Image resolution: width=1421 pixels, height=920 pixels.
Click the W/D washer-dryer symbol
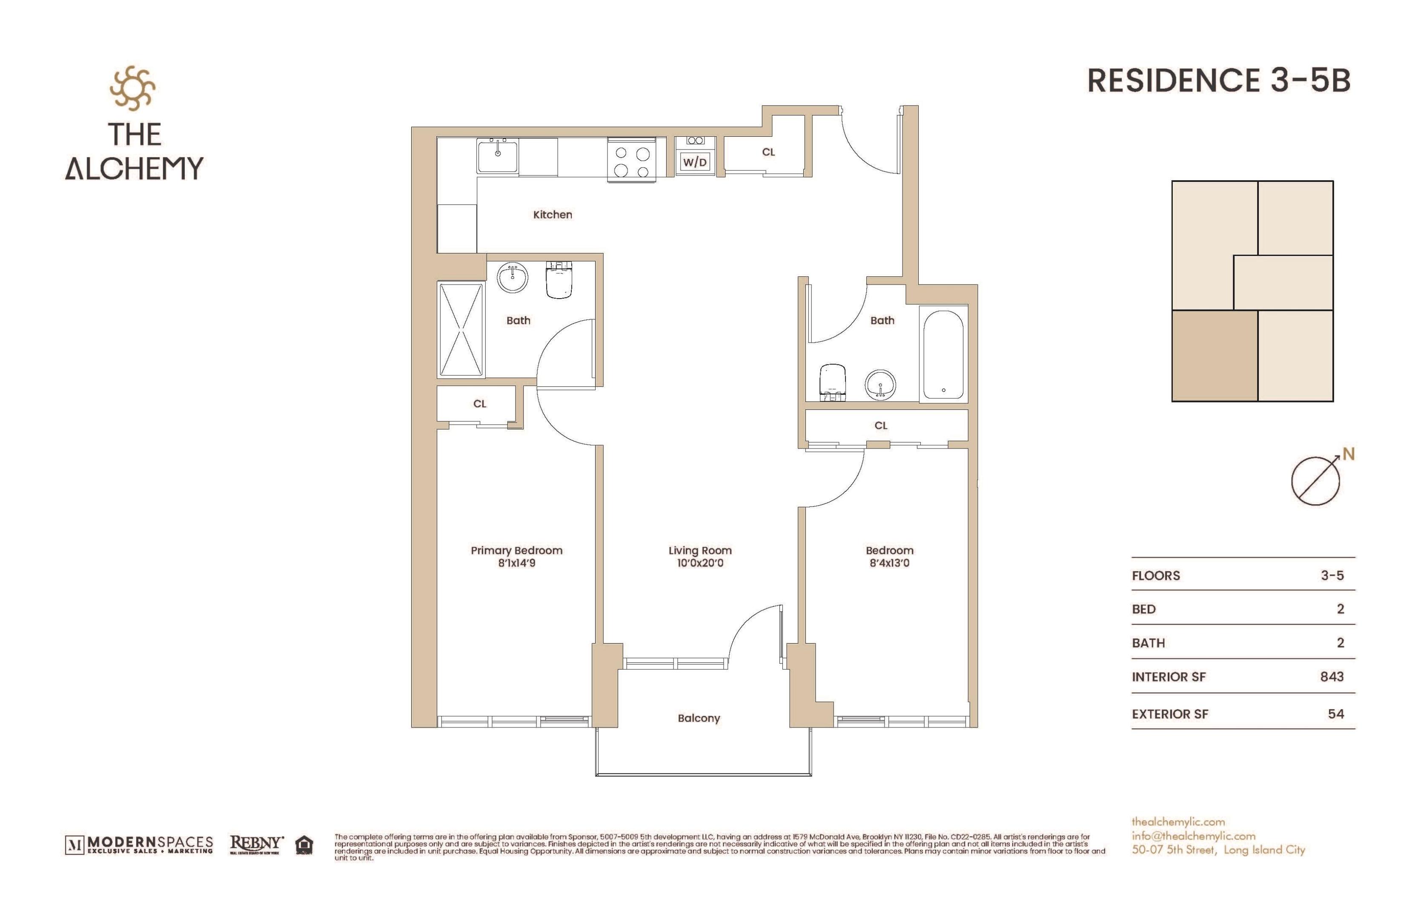pos(695,162)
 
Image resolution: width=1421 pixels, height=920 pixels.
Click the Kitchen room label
pos(552,215)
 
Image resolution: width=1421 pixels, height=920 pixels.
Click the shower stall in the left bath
pos(461,330)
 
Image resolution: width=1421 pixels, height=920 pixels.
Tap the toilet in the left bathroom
pos(559,281)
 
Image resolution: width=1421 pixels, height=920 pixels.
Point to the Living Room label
pos(700,550)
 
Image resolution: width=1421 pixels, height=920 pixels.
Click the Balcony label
pos(699,718)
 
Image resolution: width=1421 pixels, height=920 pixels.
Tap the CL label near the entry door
pos(768,152)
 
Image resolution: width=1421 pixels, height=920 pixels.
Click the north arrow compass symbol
pos(1316,481)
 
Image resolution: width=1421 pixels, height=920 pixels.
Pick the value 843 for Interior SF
pos(1332,677)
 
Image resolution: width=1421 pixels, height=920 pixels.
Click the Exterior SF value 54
pos(1335,714)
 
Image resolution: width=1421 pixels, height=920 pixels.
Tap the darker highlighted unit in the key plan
pos(1215,356)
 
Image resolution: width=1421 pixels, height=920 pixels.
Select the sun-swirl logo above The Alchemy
pos(132,89)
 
